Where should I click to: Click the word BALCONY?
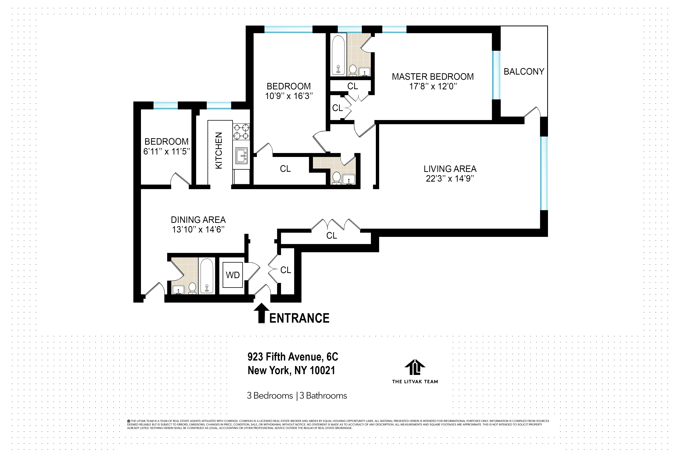(x=524, y=71)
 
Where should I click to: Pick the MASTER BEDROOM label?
(x=433, y=77)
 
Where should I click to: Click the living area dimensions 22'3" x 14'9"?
(x=450, y=178)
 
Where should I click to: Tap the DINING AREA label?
(x=198, y=220)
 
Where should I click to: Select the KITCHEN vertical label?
(x=219, y=150)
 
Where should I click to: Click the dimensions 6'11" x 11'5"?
(x=167, y=151)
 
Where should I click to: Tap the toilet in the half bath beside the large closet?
(x=337, y=178)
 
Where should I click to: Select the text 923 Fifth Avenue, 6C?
(x=293, y=357)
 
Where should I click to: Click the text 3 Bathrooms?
(x=323, y=396)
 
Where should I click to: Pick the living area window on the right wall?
(x=544, y=173)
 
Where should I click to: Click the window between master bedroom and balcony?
(x=497, y=75)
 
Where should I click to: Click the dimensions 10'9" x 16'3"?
(x=289, y=96)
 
